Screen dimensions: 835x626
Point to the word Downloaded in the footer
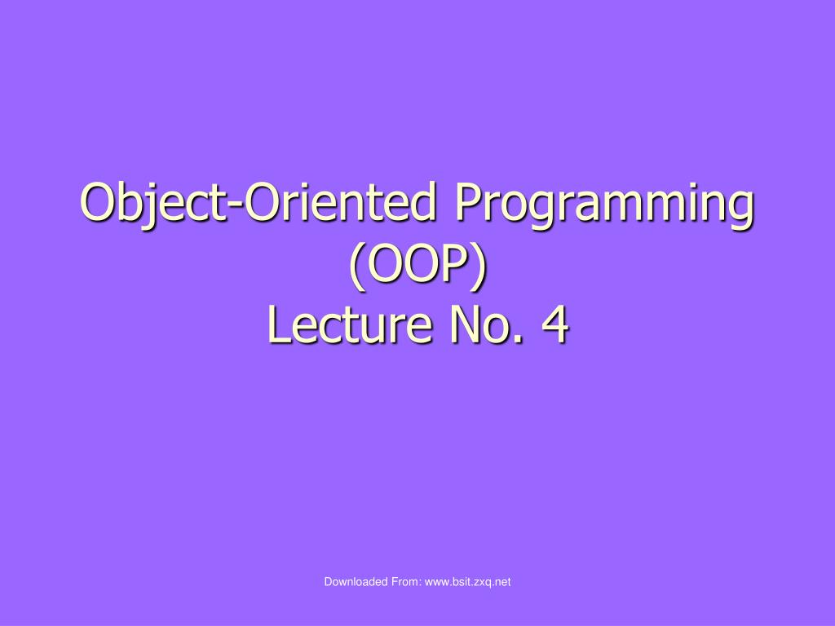tap(356, 582)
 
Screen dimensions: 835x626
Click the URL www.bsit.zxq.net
tap(467, 582)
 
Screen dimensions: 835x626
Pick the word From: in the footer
tap(406, 582)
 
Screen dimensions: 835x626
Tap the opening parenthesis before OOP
tap(358, 267)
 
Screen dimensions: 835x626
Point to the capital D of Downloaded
tap(328, 582)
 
